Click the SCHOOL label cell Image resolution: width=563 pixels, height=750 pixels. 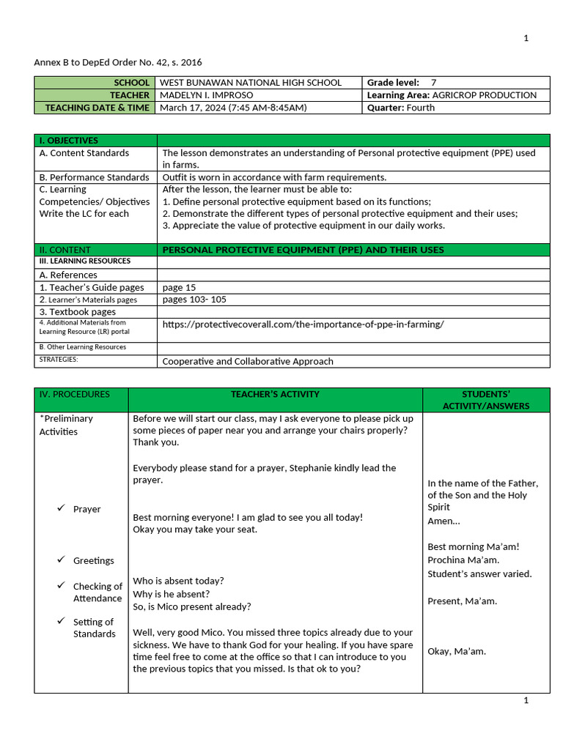pyautogui.click(x=95, y=83)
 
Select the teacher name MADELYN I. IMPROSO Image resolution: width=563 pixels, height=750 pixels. pyautogui.click(x=206, y=95)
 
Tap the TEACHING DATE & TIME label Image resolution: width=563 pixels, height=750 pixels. pyautogui.click(x=95, y=108)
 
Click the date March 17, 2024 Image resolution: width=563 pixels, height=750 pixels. pyautogui.click(x=192, y=108)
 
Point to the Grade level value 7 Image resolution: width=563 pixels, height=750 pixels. pyautogui.click(x=433, y=83)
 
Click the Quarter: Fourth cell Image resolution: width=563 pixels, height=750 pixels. pyautogui.click(x=401, y=108)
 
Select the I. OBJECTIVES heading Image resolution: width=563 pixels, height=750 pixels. pyautogui.click(x=69, y=141)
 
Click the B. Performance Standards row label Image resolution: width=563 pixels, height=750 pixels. pyautogui.click(x=94, y=177)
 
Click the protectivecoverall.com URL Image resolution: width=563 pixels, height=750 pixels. pyautogui.click(x=303, y=324)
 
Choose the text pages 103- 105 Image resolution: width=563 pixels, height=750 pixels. pyautogui.click(x=194, y=300)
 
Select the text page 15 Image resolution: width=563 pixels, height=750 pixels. pyautogui.click(x=179, y=287)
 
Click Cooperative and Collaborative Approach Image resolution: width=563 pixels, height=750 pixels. pyautogui.click(x=248, y=361)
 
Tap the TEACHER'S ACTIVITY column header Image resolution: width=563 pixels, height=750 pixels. pyautogui.click(x=275, y=394)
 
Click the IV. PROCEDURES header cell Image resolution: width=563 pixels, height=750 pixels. pyautogui.click(x=75, y=394)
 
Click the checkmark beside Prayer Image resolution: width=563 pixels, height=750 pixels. pyautogui.click(x=62, y=508)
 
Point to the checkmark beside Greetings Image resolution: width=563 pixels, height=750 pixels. pyautogui.click(x=62, y=560)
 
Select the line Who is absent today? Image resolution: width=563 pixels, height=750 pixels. pyautogui.click(x=178, y=581)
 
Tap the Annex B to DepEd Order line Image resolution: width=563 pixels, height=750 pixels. pyautogui.click(x=118, y=62)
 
